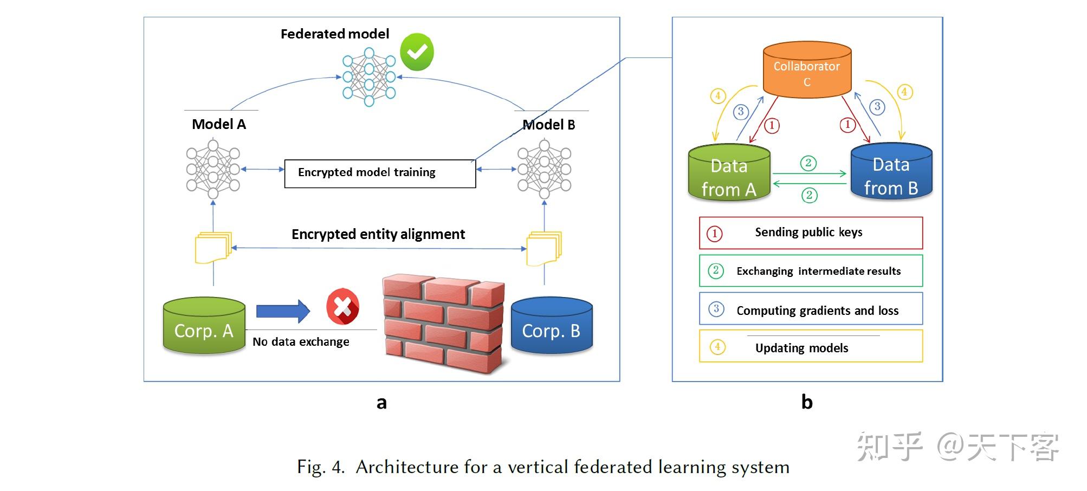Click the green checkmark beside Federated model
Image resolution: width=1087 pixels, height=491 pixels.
(417, 52)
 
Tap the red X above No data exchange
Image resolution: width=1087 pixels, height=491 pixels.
(342, 307)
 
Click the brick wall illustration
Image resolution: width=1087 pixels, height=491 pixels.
(443, 324)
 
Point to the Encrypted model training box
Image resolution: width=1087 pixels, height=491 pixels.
(380, 173)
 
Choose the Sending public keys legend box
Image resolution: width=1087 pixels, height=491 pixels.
(811, 233)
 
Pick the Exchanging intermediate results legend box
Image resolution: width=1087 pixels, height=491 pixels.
(811, 271)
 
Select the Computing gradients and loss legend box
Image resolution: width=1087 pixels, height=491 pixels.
(811, 309)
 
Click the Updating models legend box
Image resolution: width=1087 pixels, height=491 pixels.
(811, 347)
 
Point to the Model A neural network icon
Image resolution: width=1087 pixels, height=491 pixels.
(213, 169)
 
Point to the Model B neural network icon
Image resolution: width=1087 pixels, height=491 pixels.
(545, 169)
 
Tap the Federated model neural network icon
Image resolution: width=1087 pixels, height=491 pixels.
(369, 77)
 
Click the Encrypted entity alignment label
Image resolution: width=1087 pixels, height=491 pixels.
(378, 234)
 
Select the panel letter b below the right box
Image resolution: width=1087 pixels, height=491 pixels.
(807, 402)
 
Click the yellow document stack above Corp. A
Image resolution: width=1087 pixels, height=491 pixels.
(213, 247)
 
